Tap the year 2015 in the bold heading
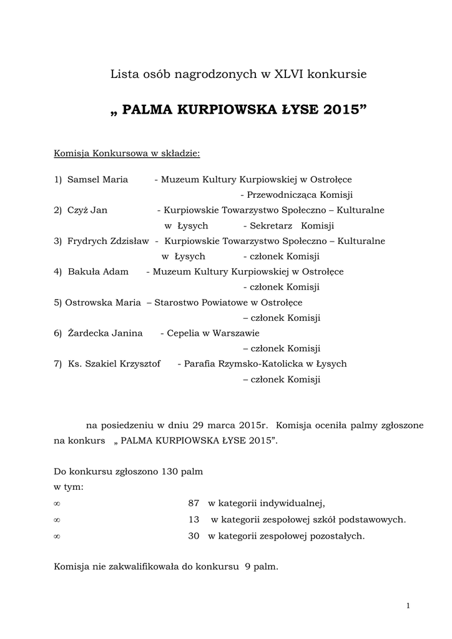click(x=342, y=110)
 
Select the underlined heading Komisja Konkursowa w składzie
click(x=127, y=152)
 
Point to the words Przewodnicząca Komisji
click(x=300, y=195)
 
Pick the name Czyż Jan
click(x=87, y=210)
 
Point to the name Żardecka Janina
click(x=105, y=333)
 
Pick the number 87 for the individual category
click(x=193, y=503)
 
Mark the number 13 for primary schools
click(x=194, y=519)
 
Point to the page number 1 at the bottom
click(x=407, y=605)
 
